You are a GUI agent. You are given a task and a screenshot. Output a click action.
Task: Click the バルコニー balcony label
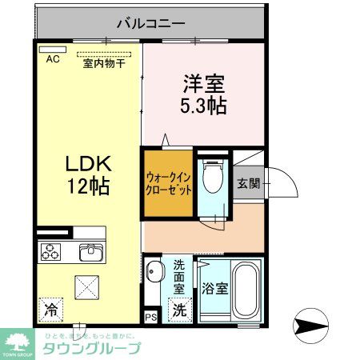pos(150,22)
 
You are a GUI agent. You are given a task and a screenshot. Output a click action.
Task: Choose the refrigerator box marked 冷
pos(50,307)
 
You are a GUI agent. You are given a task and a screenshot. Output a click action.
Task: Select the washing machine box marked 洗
pos(180,308)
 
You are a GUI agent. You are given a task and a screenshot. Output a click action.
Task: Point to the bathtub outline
pos(244,289)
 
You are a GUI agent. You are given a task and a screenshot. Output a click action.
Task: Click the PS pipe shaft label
pos(151,317)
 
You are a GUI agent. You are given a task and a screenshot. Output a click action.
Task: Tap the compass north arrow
pos(312,326)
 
